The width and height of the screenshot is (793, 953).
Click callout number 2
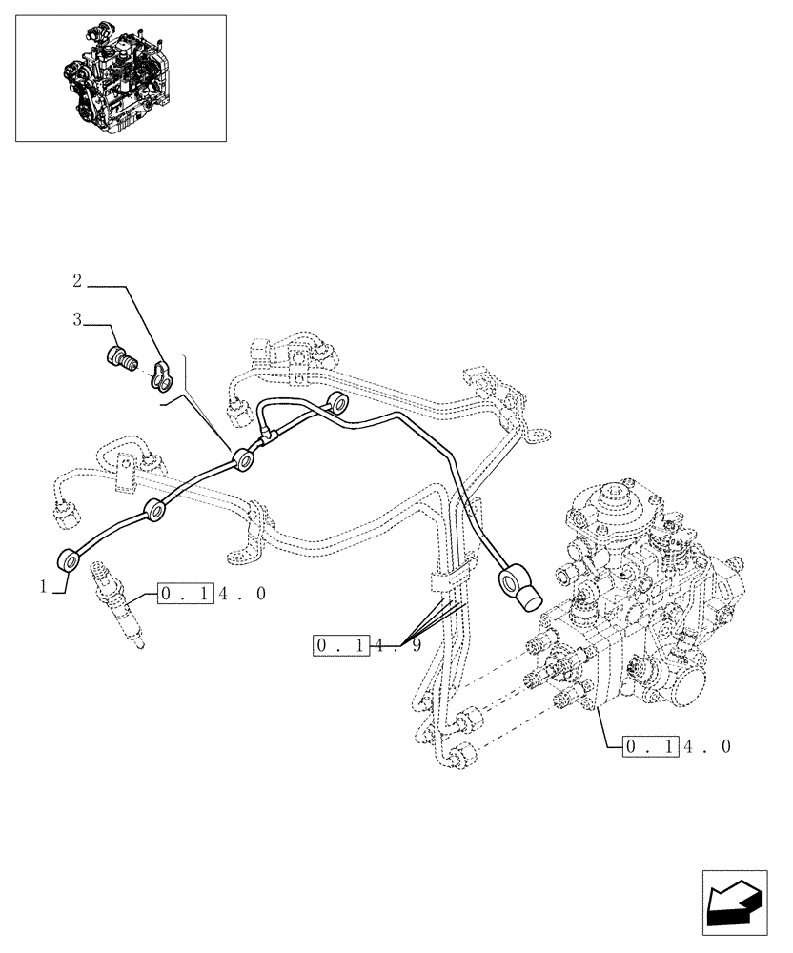click(x=78, y=281)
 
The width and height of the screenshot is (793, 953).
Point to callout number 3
click(x=77, y=321)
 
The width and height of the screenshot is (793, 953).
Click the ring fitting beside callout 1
click(x=70, y=561)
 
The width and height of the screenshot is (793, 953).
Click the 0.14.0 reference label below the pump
click(x=677, y=746)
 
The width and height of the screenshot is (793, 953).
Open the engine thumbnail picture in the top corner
click(x=121, y=78)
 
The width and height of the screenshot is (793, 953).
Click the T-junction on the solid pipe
click(x=268, y=436)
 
